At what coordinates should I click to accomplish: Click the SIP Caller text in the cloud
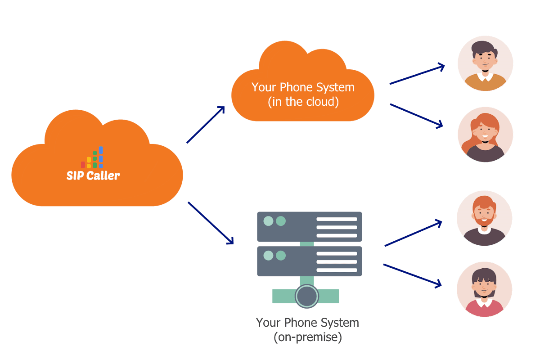[x=93, y=175]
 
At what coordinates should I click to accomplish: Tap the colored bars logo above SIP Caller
[x=92, y=158]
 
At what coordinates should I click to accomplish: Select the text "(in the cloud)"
[x=302, y=102]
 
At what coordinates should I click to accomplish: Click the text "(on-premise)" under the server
[x=307, y=337]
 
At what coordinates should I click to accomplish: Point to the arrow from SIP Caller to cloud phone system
[x=206, y=125]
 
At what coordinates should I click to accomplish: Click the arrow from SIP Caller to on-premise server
[x=211, y=223]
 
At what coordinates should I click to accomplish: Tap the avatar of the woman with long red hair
[x=485, y=134]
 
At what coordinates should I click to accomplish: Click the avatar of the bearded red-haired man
[x=484, y=218]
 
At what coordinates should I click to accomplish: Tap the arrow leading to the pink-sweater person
[x=412, y=275]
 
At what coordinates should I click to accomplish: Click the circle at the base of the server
[x=307, y=296]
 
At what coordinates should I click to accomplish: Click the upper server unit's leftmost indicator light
[x=268, y=221]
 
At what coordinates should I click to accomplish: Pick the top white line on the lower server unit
[x=337, y=254]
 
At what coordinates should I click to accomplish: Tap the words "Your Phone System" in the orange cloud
[x=302, y=87]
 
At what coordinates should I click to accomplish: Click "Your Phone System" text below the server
[x=307, y=323]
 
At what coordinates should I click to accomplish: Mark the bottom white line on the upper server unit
[x=337, y=235]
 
